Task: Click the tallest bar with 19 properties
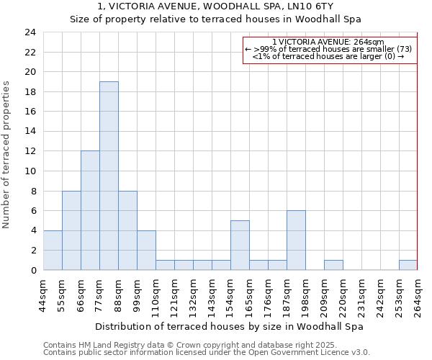[109, 176]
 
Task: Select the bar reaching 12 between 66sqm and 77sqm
[90, 210]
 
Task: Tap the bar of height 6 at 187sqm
[296, 240]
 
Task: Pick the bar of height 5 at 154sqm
[240, 245]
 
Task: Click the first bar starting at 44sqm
[53, 250]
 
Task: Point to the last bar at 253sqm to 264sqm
[408, 265]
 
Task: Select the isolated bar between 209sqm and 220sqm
[333, 265]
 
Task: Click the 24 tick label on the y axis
[30, 32]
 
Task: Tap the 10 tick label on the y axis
[30, 171]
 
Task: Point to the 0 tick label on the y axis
[33, 270]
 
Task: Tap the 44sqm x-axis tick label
[43, 293]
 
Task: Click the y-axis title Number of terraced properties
[6, 154]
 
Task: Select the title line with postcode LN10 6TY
[215, 6]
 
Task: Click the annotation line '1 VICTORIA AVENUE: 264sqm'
[329, 42]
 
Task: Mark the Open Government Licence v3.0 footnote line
[206, 352]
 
